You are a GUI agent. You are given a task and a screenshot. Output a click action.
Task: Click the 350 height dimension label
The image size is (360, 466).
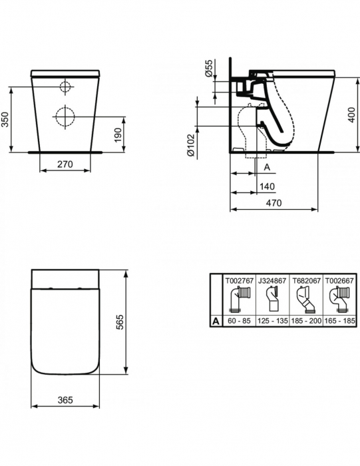(x=6, y=119)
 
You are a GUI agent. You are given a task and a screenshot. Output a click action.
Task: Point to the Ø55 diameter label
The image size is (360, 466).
(x=208, y=69)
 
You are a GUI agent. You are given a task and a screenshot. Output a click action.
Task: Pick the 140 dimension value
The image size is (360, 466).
(x=268, y=186)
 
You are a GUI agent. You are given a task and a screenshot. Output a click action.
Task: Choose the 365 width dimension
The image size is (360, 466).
(x=65, y=400)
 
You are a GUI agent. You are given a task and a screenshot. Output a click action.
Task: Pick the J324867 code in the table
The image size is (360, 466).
(x=271, y=282)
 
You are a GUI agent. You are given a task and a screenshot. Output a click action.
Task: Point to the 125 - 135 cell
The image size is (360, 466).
(x=271, y=321)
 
